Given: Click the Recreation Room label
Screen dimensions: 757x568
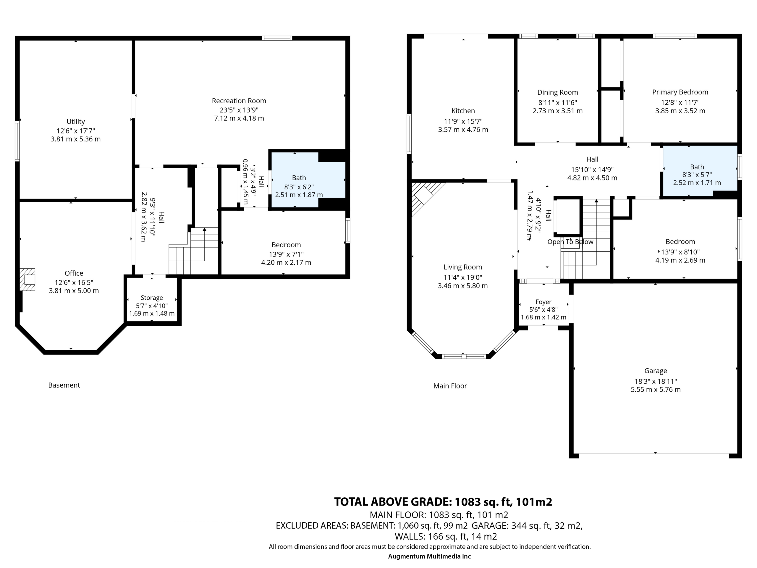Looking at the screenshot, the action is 239,101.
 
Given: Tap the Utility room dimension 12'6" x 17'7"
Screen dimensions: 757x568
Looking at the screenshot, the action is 76,130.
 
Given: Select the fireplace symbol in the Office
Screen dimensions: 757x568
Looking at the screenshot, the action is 28,279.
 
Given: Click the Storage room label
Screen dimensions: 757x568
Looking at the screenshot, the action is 152,298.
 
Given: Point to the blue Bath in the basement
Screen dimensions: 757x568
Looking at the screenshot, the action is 308,180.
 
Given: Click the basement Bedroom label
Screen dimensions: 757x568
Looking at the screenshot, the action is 286,245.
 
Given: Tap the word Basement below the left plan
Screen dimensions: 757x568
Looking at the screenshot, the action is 64,385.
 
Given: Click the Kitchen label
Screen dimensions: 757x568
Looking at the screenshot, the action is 463,111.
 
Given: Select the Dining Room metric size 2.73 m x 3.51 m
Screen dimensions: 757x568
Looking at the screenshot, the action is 557,111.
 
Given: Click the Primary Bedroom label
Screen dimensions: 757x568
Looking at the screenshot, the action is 680,92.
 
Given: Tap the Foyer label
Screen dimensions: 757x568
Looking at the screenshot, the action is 544,302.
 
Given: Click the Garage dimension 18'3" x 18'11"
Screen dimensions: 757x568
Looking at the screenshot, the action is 656,381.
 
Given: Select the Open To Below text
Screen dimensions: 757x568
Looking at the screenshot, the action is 570,242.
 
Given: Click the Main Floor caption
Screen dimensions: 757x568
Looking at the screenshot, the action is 450,386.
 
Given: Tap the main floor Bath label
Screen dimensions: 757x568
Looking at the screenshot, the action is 697,167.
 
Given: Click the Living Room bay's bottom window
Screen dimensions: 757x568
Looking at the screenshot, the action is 464,356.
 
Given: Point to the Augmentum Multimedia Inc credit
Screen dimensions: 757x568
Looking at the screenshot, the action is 429,556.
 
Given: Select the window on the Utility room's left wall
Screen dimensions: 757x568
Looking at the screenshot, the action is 17,141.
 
